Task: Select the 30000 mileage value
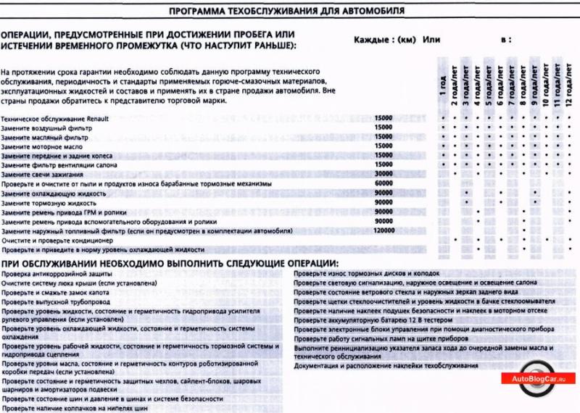[x=384, y=175]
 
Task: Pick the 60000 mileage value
[x=384, y=184]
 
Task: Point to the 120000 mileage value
[x=384, y=230]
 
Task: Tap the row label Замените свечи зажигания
[x=42, y=175]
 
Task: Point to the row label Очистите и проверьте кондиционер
[x=54, y=240]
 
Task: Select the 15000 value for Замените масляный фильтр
[x=384, y=137]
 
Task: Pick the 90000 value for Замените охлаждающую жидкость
[x=384, y=193]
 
